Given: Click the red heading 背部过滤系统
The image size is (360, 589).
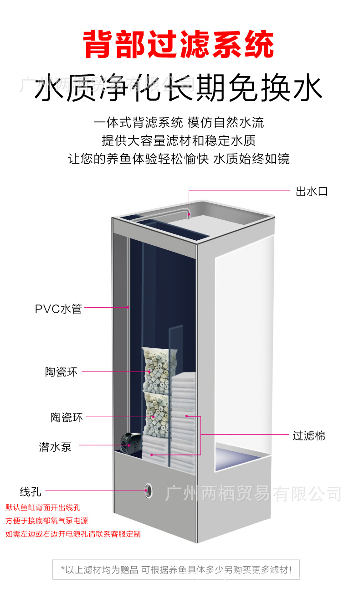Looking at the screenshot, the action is pos(179,44).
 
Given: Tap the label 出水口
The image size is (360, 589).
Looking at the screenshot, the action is pos(312,191).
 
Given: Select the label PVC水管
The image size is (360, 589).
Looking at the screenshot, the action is pos(58,309).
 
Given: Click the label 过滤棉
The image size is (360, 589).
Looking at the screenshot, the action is pos(309,436).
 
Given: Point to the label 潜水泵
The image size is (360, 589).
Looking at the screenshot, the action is pos(55,447).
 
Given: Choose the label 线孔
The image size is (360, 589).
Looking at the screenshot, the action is pos(31,492).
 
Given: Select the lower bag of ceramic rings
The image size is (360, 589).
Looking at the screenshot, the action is pos(156,413).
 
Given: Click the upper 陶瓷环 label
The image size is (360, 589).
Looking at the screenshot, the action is pos(62,372).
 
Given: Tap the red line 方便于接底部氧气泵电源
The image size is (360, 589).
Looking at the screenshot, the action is pos(46,521).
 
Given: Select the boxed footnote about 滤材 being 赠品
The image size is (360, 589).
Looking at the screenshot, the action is pos(176,569).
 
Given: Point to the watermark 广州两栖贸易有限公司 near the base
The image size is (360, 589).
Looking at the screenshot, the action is pos(253,493).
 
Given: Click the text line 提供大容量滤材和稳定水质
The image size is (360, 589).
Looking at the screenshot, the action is pos(179,140).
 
